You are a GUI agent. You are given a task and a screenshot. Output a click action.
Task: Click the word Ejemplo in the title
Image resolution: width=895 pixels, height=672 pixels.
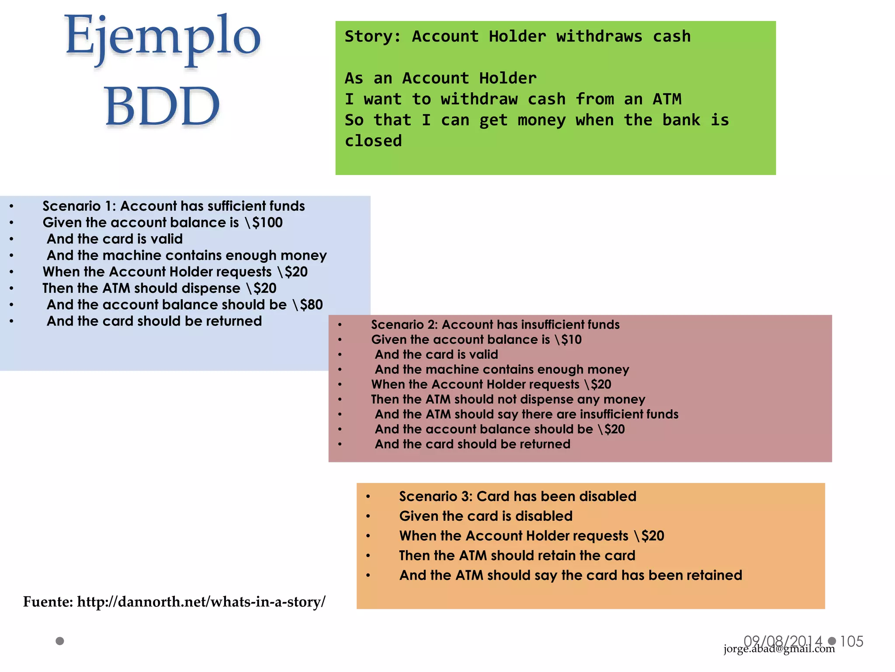pyautogui.click(x=163, y=37)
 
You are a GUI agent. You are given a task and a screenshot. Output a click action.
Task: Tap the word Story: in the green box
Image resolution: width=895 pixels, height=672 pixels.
pyautogui.click(x=373, y=36)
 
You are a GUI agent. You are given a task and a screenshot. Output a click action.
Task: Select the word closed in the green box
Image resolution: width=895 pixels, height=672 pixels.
pyautogui.click(x=373, y=141)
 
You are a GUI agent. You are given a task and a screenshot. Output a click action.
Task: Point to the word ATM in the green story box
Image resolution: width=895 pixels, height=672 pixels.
pyautogui.click(x=667, y=99)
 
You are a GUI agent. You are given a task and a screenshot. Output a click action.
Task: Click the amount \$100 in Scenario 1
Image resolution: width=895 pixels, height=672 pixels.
pyautogui.click(x=264, y=223)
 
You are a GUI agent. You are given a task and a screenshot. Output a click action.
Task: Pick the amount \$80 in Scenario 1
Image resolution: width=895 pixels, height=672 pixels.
pyautogui.click(x=308, y=305)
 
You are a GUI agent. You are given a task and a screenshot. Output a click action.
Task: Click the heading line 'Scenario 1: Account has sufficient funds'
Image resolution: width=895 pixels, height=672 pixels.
pyautogui.click(x=173, y=206)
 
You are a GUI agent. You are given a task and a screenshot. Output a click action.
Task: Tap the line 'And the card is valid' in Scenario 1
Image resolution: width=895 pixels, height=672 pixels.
pyautogui.click(x=114, y=239)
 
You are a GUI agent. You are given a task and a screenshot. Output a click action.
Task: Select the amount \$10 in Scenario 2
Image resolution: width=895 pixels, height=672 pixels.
pyautogui.click(x=568, y=340)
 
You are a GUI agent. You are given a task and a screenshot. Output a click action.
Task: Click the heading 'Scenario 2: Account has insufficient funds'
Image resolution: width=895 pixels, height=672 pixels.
pyautogui.click(x=495, y=325)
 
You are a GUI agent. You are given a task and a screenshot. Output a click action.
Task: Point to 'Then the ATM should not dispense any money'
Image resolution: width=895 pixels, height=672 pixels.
pyautogui.click(x=508, y=399)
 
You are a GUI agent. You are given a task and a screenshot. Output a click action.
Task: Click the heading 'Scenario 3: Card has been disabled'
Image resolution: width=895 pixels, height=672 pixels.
pyautogui.click(x=517, y=497)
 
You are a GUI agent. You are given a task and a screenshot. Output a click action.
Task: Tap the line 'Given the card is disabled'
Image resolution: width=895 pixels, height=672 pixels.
pyautogui.click(x=486, y=516)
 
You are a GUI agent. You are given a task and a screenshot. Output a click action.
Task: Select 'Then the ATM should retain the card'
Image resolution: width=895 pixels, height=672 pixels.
pyautogui.click(x=517, y=556)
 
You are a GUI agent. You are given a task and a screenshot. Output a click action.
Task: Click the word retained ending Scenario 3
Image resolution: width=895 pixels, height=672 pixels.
pyautogui.click(x=715, y=575)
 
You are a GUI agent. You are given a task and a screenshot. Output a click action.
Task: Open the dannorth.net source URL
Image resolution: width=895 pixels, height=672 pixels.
pyautogui.click(x=201, y=602)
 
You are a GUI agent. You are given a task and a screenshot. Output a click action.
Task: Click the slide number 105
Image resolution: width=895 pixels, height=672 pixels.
pyautogui.click(x=852, y=641)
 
